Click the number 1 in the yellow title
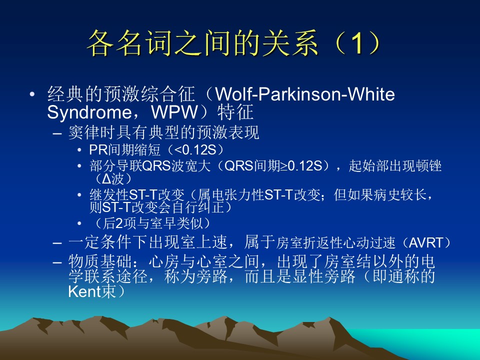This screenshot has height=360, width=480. [x=356, y=43]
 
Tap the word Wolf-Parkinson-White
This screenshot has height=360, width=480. [x=305, y=94]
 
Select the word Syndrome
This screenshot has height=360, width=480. [x=89, y=112]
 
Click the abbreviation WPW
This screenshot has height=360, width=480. [x=174, y=112]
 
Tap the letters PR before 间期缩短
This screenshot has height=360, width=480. [x=98, y=150]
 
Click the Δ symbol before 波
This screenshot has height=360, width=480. [x=106, y=179]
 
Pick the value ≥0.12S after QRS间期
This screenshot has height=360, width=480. [x=303, y=166]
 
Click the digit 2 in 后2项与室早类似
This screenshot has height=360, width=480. [x=119, y=223]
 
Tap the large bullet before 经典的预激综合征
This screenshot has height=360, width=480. [x=32, y=94]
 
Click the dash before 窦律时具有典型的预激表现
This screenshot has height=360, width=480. [x=57, y=133]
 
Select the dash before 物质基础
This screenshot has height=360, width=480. [x=57, y=262]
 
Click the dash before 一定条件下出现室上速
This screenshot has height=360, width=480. [x=57, y=243]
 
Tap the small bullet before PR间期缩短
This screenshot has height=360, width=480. [x=79, y=150]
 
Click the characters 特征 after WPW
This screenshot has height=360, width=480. [x=235, y=112]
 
